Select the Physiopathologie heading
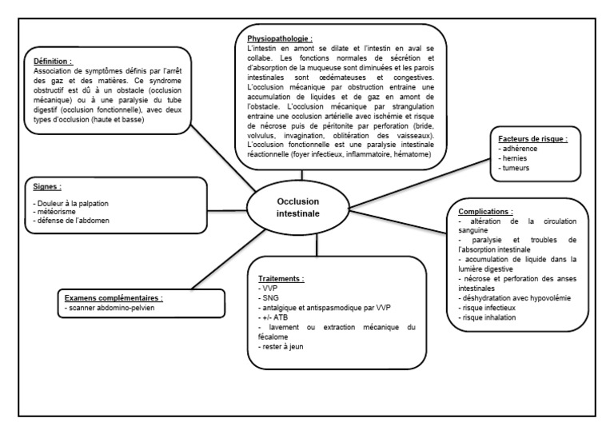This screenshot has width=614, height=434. pyautogui.click(x=279, y=38)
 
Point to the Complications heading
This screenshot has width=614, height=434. pyautogui.click(x=489, y=212)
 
